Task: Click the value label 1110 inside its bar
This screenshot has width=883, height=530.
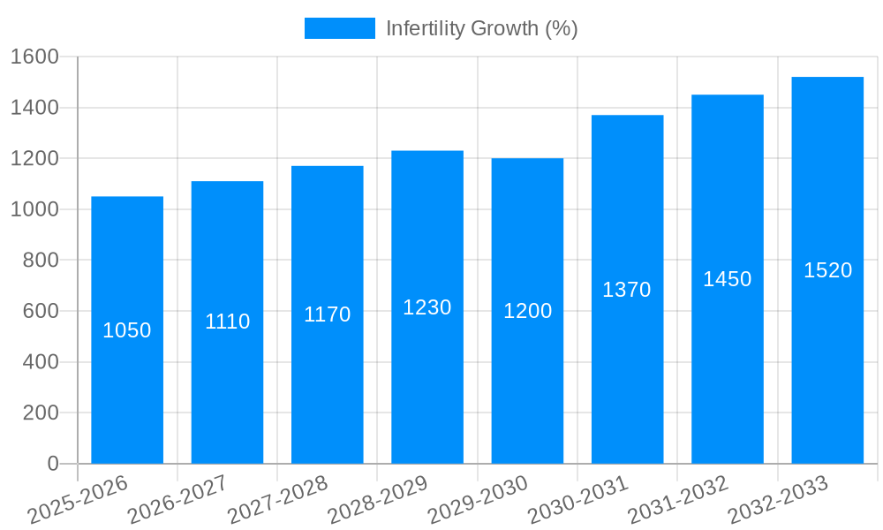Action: pos(227,322)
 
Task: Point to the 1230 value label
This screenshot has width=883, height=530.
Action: pos(427,307)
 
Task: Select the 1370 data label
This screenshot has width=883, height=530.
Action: pos(627,290)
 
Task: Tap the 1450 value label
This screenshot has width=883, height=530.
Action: pos(728,279)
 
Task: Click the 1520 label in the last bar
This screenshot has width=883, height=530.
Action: pos(827,270)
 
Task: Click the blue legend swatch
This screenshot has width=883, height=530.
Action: pos(339,28)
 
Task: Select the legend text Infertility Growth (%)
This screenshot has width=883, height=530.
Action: pos(482,28)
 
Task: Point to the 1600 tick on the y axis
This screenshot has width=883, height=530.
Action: pos(34,57)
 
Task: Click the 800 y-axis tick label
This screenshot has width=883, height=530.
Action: pos(40,261)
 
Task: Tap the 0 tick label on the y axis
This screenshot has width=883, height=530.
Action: pos(52,464)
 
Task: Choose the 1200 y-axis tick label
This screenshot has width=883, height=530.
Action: pos(34,159)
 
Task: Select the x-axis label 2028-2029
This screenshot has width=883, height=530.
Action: pos(378,500)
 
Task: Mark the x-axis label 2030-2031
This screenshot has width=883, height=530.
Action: pos(578,500)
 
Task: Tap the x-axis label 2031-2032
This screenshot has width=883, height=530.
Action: pos(678,500)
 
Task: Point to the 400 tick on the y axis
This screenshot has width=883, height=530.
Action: pos(40,362)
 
